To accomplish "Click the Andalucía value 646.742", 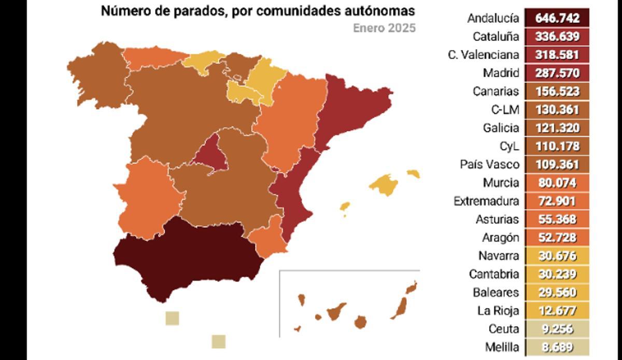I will [557, 18].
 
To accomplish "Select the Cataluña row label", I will [496, 36].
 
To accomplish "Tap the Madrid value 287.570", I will [557, 73].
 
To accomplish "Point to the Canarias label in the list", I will [496, 91].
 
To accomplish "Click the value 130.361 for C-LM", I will [557, 109].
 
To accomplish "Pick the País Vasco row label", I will [489, 164].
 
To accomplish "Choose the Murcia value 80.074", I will [557, 183].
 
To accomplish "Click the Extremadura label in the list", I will [486, 201].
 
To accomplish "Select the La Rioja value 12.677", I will [557, 311].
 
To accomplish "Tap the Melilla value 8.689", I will [557, 347].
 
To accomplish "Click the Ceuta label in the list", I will [503, 329].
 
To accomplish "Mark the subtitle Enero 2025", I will [384, 28].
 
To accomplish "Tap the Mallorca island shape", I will [384, 184].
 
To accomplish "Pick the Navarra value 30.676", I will [557, 256].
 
